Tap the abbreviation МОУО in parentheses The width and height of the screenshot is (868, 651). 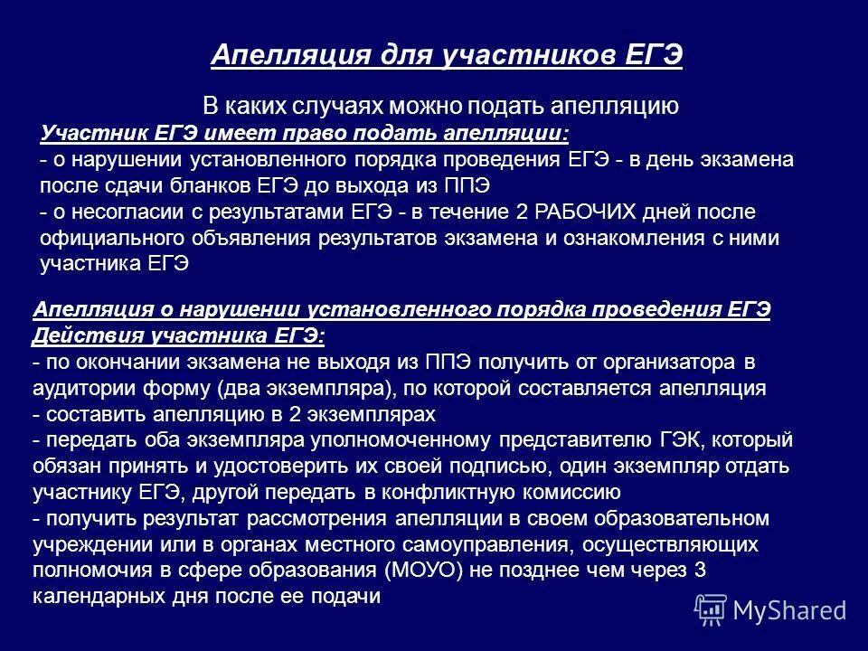(x=420, y=571)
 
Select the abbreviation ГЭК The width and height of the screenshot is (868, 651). (x=674, y=440)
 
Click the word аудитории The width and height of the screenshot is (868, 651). (x=80, y=389)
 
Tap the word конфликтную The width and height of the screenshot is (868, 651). (x=458, y=493)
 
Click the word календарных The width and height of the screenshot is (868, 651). (x=97, y=597)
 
